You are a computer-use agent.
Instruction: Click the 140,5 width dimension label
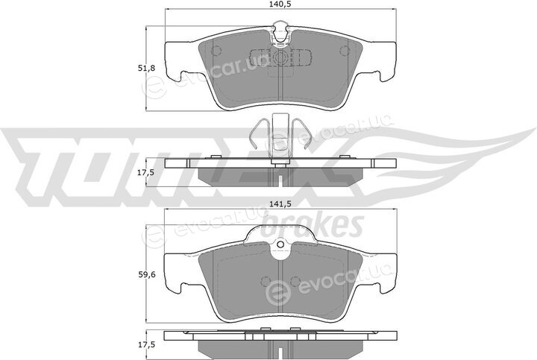pyautogui.click(x=280, y=4)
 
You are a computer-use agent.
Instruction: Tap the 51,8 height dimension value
pyautogui.click(x=147, y=68)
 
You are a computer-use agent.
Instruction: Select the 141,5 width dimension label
pyautogui.click(x=280, y=204)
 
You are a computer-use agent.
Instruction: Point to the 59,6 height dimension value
pyautogui.click(x=147, y=274)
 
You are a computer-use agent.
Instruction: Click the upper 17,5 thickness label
pyautogui.click(x=146, y=172)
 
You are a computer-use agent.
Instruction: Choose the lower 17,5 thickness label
pyautogui.click(x=146, y=345)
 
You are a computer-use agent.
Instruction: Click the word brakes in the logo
pyautogui.click(x=313, y=226)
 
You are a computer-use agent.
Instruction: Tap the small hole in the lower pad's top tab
pyautogui.click(x=280, y=244)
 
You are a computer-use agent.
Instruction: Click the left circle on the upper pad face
pyautogui.click(x=216, y=51)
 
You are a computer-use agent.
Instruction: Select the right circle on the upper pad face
pyautogui.click(x=344, y=51)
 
